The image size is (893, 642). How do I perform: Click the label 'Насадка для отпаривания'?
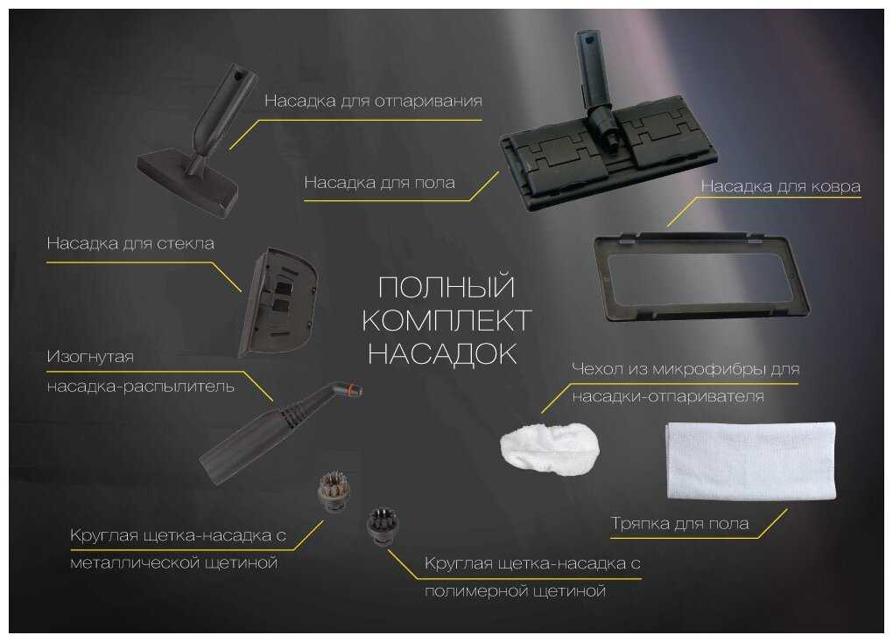coord(373,101)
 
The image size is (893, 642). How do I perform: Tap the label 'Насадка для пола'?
coord(379,183)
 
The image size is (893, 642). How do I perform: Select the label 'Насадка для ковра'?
coord(780,186)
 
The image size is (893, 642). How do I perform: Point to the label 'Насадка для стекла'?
coord(130,244)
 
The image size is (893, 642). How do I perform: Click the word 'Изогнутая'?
coord(90,357)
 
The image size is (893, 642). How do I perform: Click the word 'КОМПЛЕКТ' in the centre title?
coord(447,321)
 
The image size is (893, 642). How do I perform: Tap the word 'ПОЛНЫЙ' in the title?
coord(446,287)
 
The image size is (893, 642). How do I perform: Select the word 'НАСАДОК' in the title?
coord(442,354)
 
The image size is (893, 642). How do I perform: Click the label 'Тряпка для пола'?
coord(680,524)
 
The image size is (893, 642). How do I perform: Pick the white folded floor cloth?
coord(750,460)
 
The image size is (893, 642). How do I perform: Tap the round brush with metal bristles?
coord(334,491)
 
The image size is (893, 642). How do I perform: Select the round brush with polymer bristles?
coord(383,525)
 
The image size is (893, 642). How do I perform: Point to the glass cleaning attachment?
coord(278,302)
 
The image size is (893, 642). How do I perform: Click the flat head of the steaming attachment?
coord(186,181)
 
